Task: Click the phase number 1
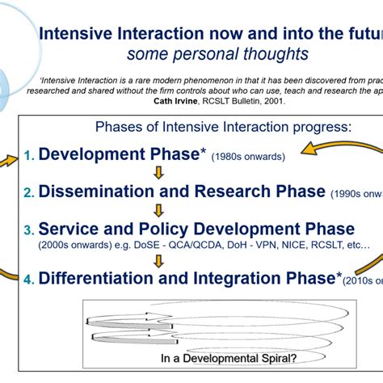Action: pos(27,154)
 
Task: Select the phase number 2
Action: pos(27,192)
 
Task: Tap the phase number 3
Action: pos(27,229)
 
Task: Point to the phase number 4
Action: pos(27,280)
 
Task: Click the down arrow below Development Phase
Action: pos(159,172)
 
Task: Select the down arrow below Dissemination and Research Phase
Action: pos(159,210)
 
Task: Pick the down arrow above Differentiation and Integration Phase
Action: pos(159,260)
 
